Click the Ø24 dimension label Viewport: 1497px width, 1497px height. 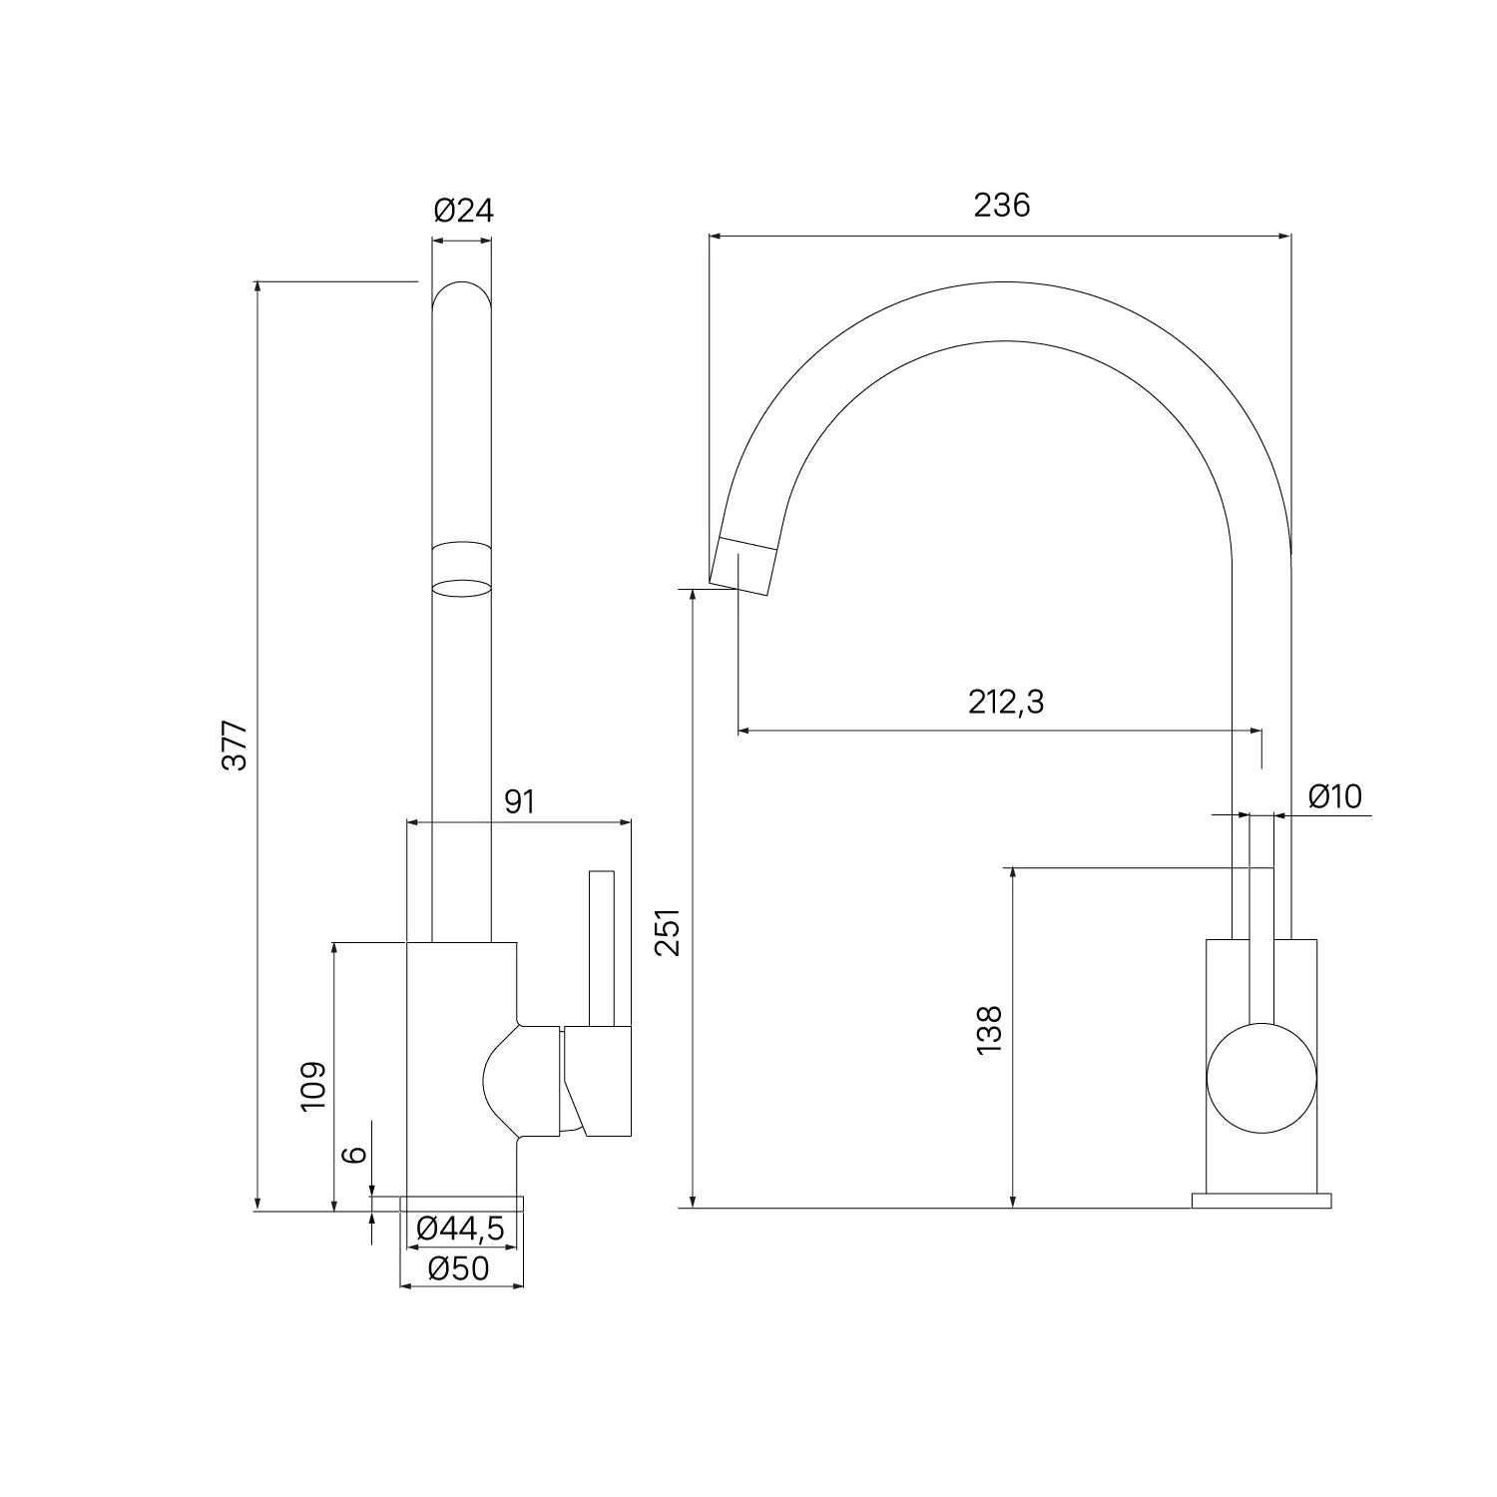point(463,211)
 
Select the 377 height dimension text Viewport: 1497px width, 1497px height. point(235,745)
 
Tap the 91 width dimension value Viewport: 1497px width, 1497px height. point(520,801)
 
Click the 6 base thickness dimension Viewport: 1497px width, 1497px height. point(355,1155)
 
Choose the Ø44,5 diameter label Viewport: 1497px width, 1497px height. point(460,1230)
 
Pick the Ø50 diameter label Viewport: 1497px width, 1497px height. point(459,1267)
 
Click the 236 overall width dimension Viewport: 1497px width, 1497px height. point(1001,205)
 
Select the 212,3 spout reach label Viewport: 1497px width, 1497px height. point(1006,703)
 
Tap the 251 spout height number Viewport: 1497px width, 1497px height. point(668,932)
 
